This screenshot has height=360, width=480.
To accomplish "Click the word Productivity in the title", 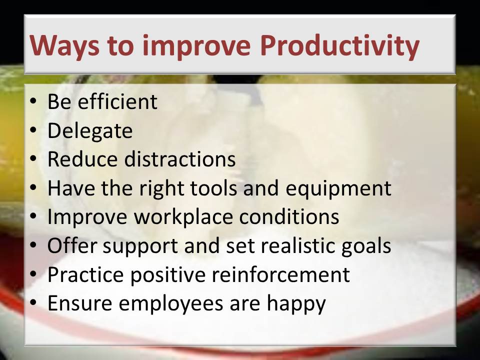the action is (x=339, y=46).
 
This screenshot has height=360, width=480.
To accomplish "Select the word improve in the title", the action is (x=196, y=46).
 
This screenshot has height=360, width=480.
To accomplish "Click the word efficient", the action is (x=117, y=101).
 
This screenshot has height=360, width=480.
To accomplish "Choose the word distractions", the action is (x=179, y=159).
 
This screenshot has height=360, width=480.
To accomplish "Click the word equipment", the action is (x=338, y=189).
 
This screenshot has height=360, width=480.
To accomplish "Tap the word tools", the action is (x=213, y=188).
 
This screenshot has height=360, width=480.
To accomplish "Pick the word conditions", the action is (x=289, y=216).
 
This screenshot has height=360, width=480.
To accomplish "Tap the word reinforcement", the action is (x=280, y=274).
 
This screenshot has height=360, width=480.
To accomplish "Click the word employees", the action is (x=171, y=304).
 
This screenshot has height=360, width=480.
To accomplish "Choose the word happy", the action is (x=296, y=304).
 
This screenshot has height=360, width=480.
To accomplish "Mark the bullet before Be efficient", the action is (x=33, y=101).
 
